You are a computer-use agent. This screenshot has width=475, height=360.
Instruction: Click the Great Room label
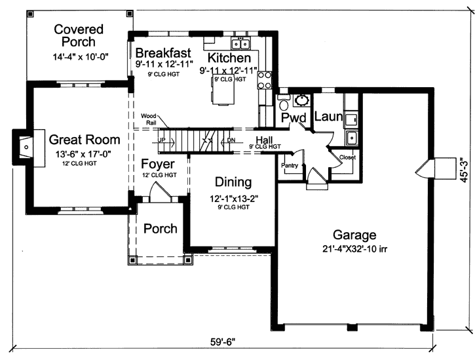[x=85, y=139]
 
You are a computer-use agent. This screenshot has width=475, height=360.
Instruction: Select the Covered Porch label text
[x=79, y=35]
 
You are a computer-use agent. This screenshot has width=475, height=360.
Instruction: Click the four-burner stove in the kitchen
[x=265, y=80]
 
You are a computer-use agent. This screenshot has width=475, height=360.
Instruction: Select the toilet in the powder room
[x=283, y=104]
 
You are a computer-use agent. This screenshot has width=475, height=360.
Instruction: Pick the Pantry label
[x=289, y=166]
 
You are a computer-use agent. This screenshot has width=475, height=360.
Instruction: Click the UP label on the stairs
[x=161, y=140]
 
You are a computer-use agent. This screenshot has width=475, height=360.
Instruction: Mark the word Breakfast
[x=163, y=52]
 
